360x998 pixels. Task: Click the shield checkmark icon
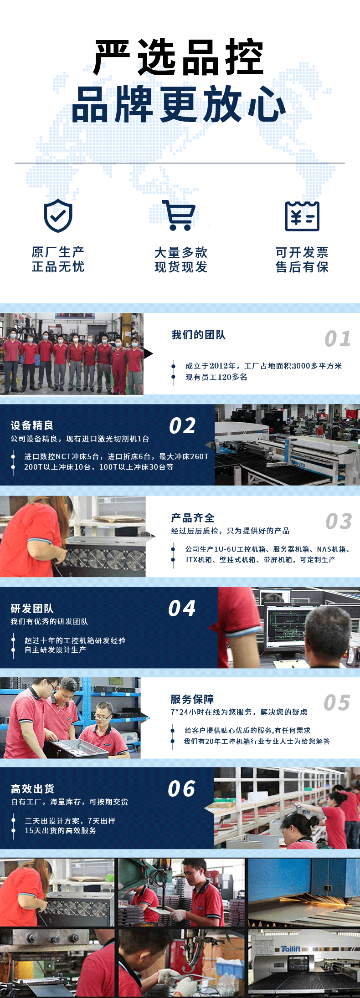pos(58,215)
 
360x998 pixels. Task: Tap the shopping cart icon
pos(179,215)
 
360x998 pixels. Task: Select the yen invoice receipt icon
pos(302,216)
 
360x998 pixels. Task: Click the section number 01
pos(338,339)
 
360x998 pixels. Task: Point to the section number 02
pos(182,426)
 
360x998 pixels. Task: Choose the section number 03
pos(339,522)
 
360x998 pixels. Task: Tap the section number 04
pos(182,609)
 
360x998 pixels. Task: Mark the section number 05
pos(337,703)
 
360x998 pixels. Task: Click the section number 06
pos(181,789)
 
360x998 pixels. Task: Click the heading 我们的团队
pos(198,335)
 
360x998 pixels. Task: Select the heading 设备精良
pos(32,425)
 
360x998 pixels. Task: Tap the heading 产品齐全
pos(192,518)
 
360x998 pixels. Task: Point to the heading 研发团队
pos(32,609)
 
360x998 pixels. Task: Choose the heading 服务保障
pos(192,699)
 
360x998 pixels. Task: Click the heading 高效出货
pos(32,789)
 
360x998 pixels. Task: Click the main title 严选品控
pos(179,57)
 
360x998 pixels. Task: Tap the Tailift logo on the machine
pos(290,949)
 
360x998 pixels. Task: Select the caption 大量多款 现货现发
pos(181,260)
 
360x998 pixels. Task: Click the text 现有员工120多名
pos(216,377)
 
